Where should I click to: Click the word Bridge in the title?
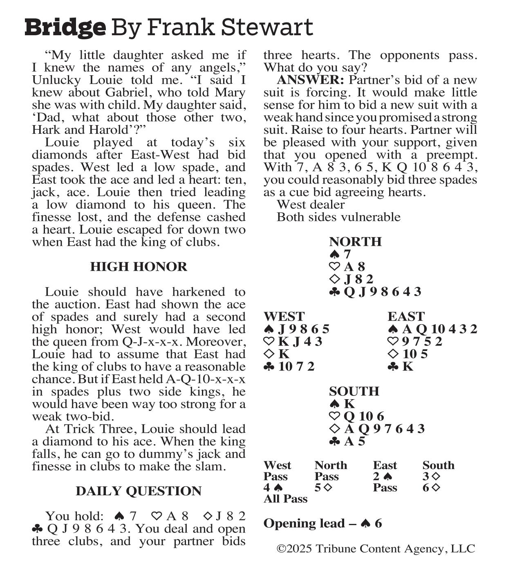(x=65, y=28)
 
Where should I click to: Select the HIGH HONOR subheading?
(x=139, y=267)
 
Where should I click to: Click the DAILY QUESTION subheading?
(x=139, y=491)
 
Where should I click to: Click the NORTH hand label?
(x=355, y=242)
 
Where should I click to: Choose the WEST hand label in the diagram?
(x=284, y=317)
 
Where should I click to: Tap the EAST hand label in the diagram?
(x=406, y=317)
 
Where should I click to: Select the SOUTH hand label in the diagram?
(x=354, y=391)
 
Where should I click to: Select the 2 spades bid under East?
(x=383, y=477)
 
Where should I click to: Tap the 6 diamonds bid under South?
(x=431, y=488)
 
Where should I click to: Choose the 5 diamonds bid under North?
(x=323, y=488)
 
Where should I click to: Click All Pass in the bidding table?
(x=285, y=499)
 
